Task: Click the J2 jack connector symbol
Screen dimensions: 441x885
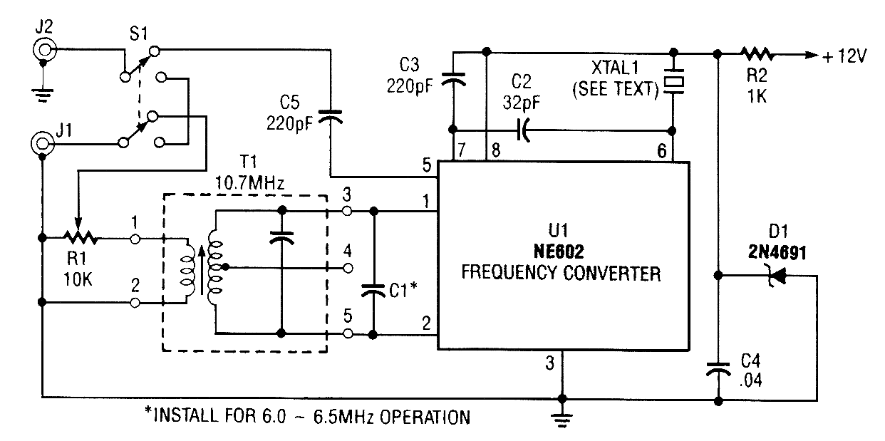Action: tap(44, 49)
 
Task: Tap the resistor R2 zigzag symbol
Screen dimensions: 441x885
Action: tap(756, 53)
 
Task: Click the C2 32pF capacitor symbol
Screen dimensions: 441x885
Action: tap(524, 131)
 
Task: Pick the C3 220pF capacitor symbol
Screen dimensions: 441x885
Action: tap(451, 81)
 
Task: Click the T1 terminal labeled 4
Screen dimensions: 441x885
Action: tap(348, 268)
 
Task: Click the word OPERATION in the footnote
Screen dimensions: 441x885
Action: tap(427, 417)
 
